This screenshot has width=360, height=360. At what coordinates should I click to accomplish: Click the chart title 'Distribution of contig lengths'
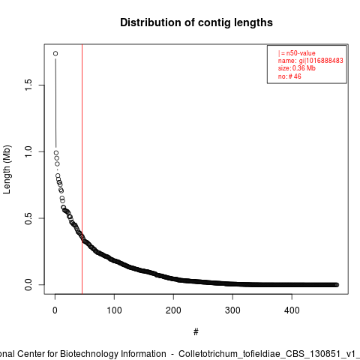click(x=196, y=22)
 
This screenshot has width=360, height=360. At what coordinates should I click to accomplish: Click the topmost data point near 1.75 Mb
click(x=55, y=53)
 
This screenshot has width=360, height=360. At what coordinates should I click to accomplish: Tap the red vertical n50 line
click(x=82, y=169)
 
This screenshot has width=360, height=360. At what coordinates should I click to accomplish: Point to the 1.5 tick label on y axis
click(x=28, y=85)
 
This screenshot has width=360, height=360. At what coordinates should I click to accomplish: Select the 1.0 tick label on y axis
click(x=28, y=151)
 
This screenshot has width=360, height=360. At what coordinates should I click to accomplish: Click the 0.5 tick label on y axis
click(x=28, y=218)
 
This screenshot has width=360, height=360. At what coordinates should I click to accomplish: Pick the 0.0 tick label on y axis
click(x=28, y=285)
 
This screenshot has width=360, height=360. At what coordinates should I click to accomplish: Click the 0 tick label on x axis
click(x=55, y=310)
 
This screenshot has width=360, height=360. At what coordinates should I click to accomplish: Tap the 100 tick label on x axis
click(x=114, y=310)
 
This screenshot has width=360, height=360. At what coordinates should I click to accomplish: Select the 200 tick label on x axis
click(x=173, y=310)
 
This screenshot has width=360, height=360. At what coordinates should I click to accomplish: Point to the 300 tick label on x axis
click(x=232, y=310)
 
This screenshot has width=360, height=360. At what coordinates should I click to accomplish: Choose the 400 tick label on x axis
click(x=292, y=310)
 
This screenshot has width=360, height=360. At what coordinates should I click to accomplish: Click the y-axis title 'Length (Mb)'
click(x=7, y=169)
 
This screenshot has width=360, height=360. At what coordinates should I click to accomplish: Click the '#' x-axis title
click(x=196, y=332)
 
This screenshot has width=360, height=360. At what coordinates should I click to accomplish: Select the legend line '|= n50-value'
click(x=297, y=53)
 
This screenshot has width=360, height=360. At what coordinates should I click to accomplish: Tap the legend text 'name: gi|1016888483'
click(x=310, y=61)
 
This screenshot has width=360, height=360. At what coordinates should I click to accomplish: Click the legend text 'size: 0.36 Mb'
click(x=297, y=68)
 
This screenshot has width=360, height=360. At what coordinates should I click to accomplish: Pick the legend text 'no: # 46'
click(x=289, y=76)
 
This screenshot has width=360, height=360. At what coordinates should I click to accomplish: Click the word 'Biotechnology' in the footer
click(x=87, y=354)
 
